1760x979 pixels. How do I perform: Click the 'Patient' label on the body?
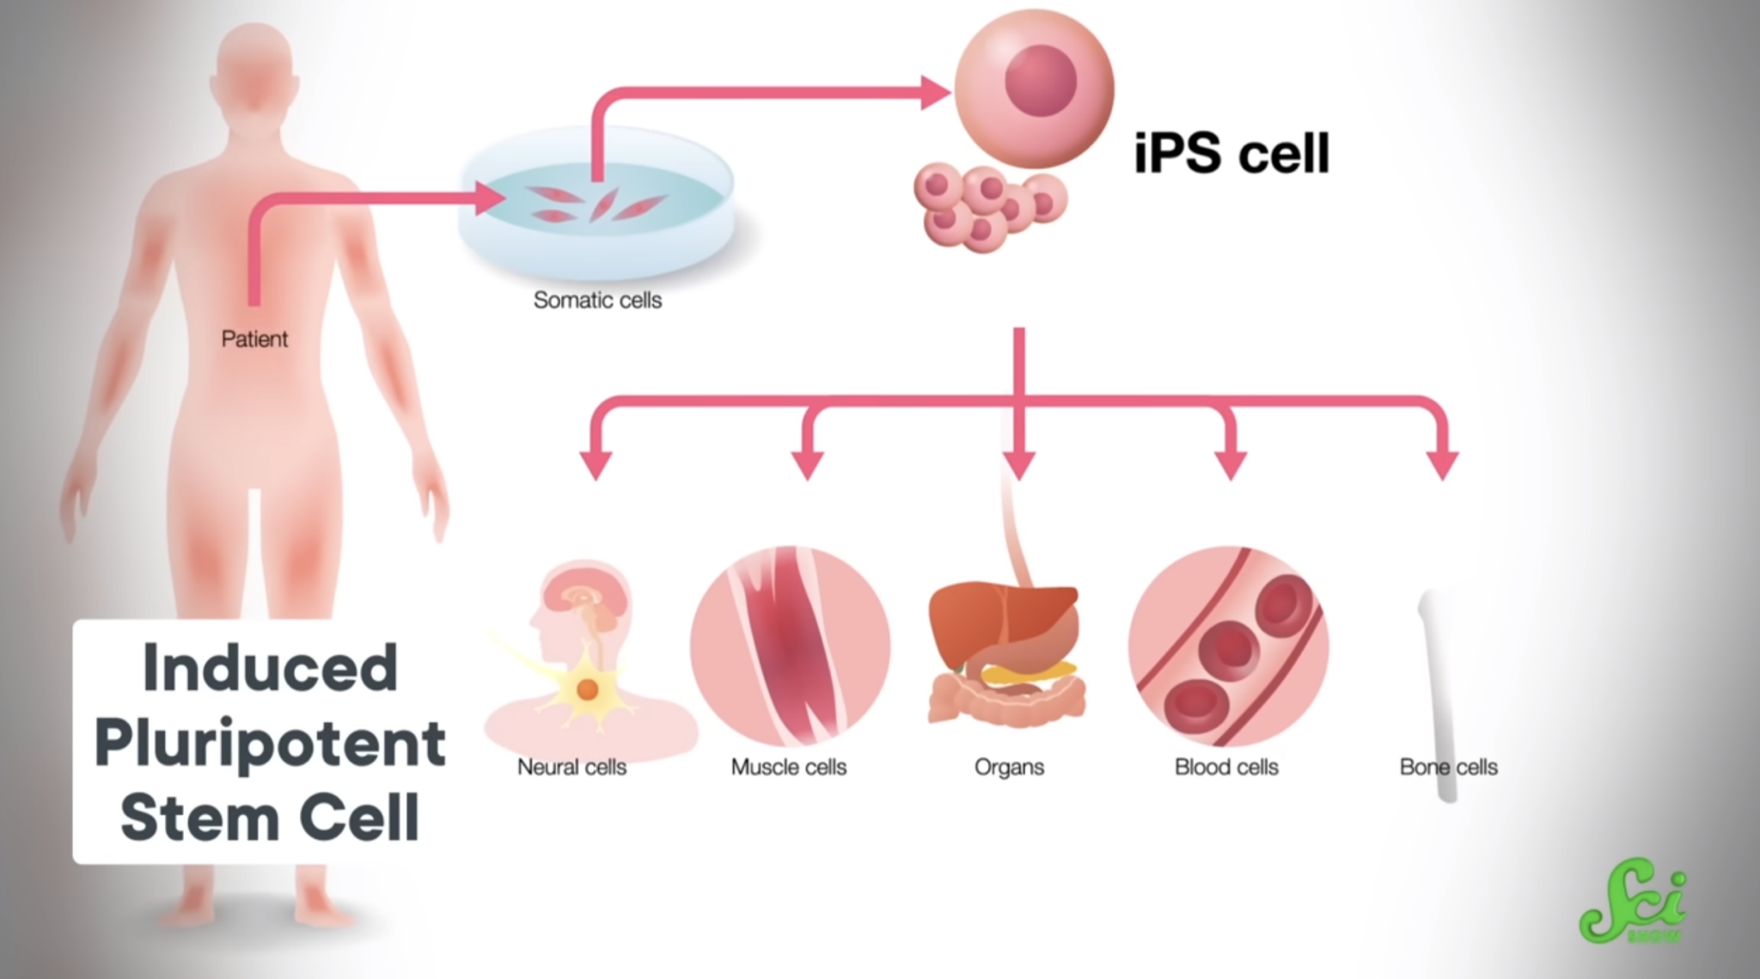coord(254,339)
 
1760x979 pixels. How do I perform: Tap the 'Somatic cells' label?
coord(597,300)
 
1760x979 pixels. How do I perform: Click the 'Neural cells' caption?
coord(571,767)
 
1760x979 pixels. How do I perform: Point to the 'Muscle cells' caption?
coord(788,767)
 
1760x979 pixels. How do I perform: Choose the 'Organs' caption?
coord(1009,767)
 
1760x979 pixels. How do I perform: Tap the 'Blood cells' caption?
coord(1226,767)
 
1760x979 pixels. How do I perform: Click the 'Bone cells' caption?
coord(1448,767)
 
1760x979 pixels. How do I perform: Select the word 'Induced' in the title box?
coord(270,668)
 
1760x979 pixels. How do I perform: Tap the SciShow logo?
coord(1633,906)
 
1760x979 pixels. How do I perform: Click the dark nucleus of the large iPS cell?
coord(1041,80)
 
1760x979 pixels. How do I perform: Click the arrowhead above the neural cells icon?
coord(596,463)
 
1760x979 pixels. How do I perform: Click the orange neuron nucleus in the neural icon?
coord(587,689)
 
